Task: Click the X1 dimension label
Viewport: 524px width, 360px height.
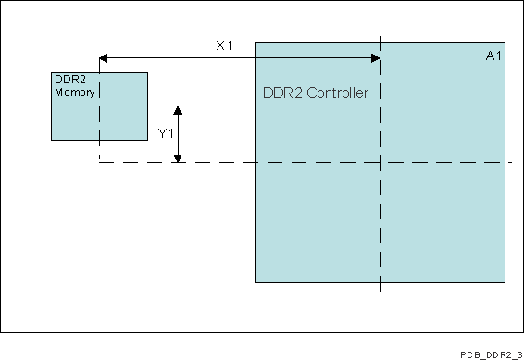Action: (223, 45)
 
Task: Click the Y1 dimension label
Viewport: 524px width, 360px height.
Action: (166, 134)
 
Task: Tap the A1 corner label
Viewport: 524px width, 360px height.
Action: (493, 56)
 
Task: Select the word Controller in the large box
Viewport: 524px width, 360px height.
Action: (337, 93)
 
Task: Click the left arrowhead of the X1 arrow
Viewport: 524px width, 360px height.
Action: (104, 58)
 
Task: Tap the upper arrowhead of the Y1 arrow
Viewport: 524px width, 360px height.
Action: (180, 110)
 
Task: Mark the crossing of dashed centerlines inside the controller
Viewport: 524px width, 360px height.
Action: (380, 162)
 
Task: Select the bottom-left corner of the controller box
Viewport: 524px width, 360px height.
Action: (255, 282)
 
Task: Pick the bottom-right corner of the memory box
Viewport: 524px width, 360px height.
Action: (147, 140)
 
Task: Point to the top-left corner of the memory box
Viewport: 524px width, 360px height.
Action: (51, 72)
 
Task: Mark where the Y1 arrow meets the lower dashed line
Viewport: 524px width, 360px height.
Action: (180, 162)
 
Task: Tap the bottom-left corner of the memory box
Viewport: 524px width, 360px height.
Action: (51, 140)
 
